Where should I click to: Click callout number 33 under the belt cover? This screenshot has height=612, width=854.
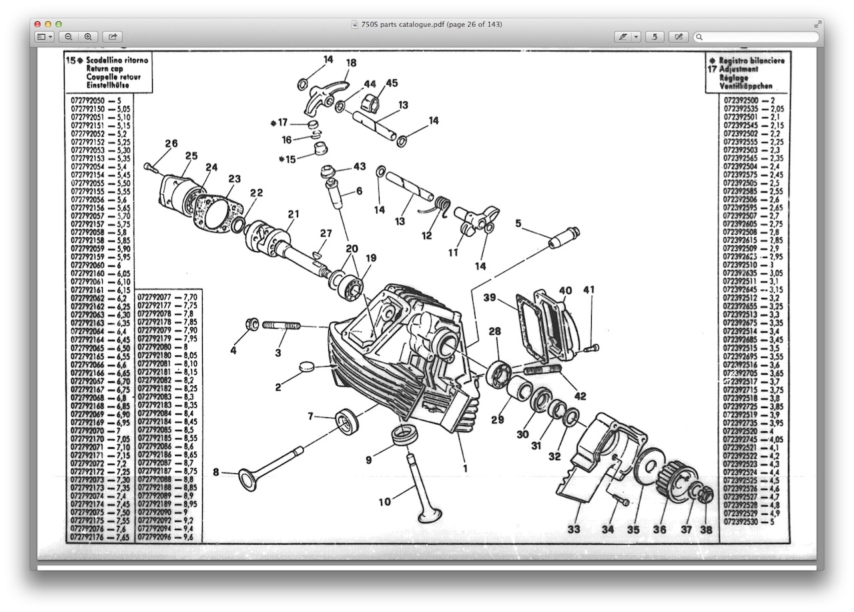[x=574, y=530]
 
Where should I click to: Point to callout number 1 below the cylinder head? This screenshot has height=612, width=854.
[x=465, y=468]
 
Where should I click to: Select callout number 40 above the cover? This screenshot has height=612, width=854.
[x=565, y=291]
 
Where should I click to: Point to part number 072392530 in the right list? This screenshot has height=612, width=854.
[x=741, y=521]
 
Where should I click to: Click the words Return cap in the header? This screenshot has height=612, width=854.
[x=105, y=68]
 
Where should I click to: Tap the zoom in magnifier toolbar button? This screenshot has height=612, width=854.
[x=87, y=37]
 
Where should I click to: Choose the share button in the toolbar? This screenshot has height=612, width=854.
[x=113, y=37]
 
